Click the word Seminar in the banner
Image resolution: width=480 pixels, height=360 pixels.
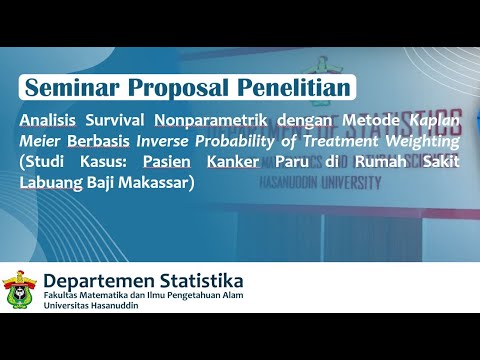(69, 88)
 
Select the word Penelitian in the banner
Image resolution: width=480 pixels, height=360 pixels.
(289, 88)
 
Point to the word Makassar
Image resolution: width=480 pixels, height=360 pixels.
(153, 184)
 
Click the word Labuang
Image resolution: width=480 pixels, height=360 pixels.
(51, 184)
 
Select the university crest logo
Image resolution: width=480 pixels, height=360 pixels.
(20, 290)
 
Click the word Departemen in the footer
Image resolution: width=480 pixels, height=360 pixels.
(101, 279)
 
